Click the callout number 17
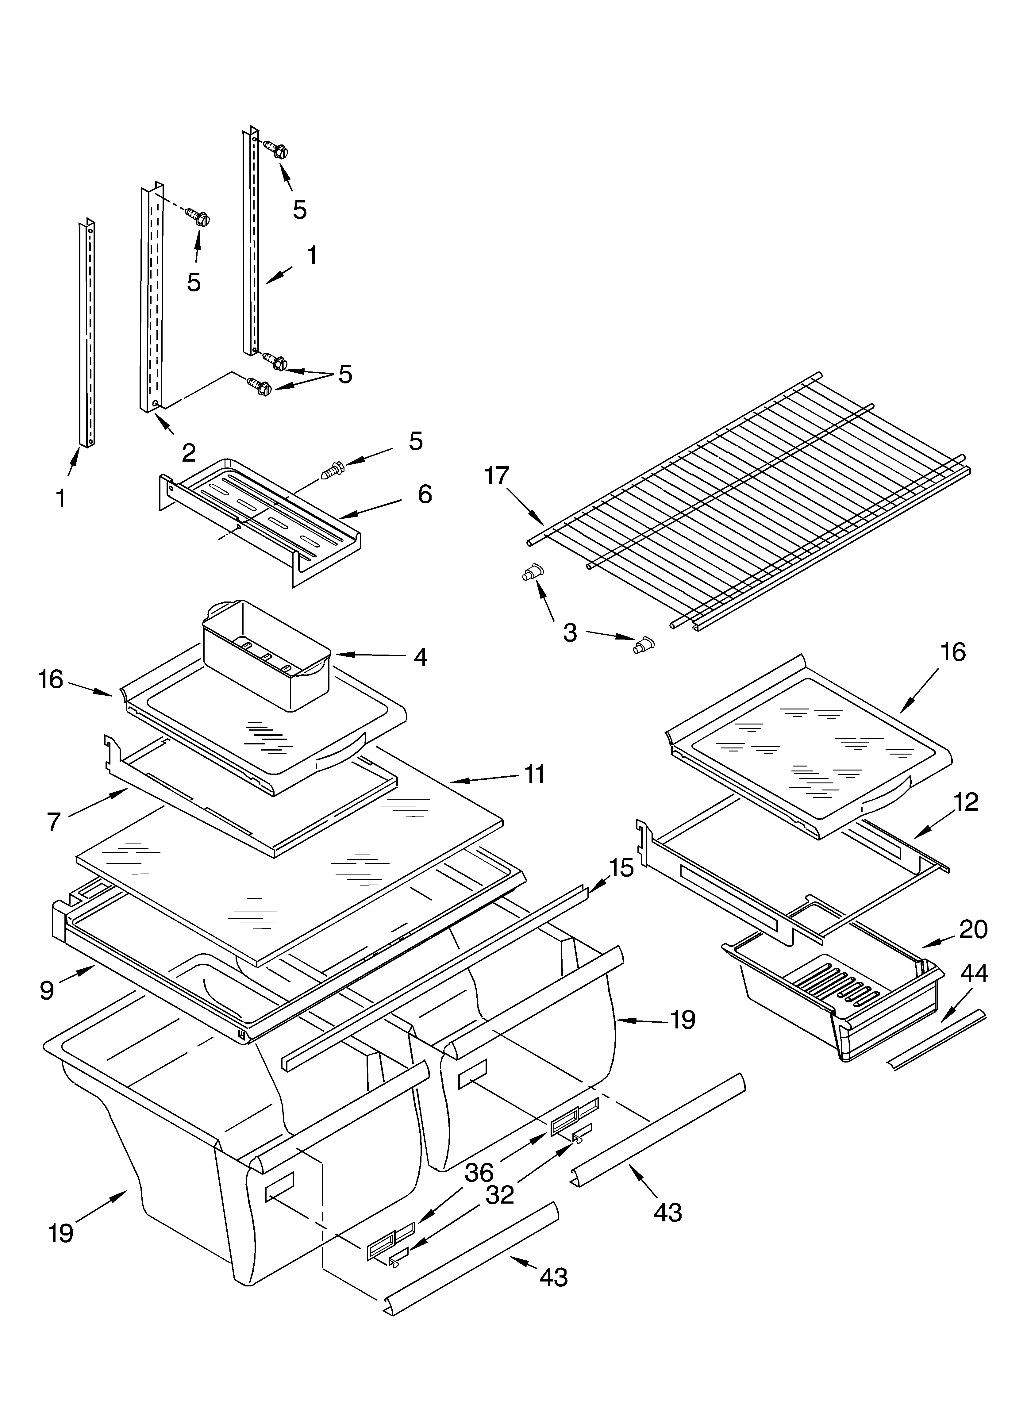point(497,476)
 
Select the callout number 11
point(533,774)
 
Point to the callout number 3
point(569,632)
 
